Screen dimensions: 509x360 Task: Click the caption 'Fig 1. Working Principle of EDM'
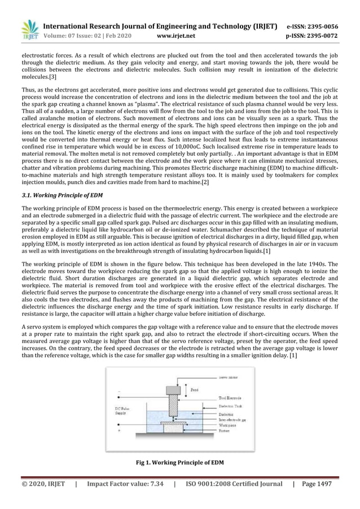[180, 463]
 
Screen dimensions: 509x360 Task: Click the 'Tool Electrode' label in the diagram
[231, 397]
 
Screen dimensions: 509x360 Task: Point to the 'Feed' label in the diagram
[194, 389]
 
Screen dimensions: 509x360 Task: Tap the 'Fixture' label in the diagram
[225, 431]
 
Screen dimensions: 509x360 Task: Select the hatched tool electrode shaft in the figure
[170, 409]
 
